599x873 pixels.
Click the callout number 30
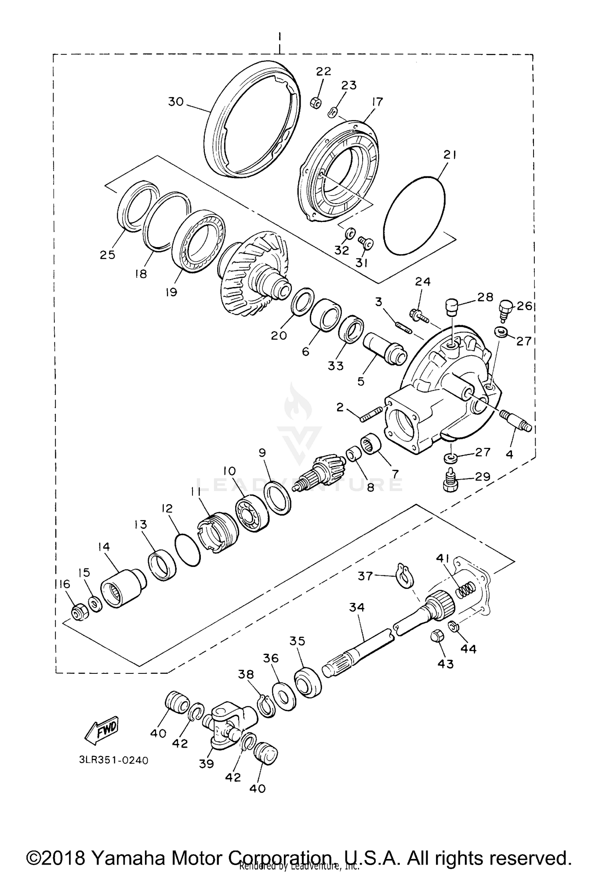pos(176,102)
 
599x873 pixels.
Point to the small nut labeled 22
pos(315,103)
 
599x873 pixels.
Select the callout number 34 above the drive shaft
pos(357,608)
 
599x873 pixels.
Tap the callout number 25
pos(107,255)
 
